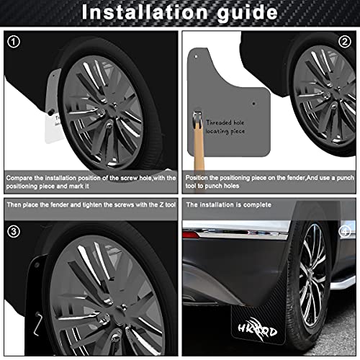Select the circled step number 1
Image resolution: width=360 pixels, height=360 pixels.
pos(14,42)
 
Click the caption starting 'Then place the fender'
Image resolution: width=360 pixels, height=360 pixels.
pos(90,204)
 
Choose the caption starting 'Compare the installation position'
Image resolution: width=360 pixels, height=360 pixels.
pos(90,181)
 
